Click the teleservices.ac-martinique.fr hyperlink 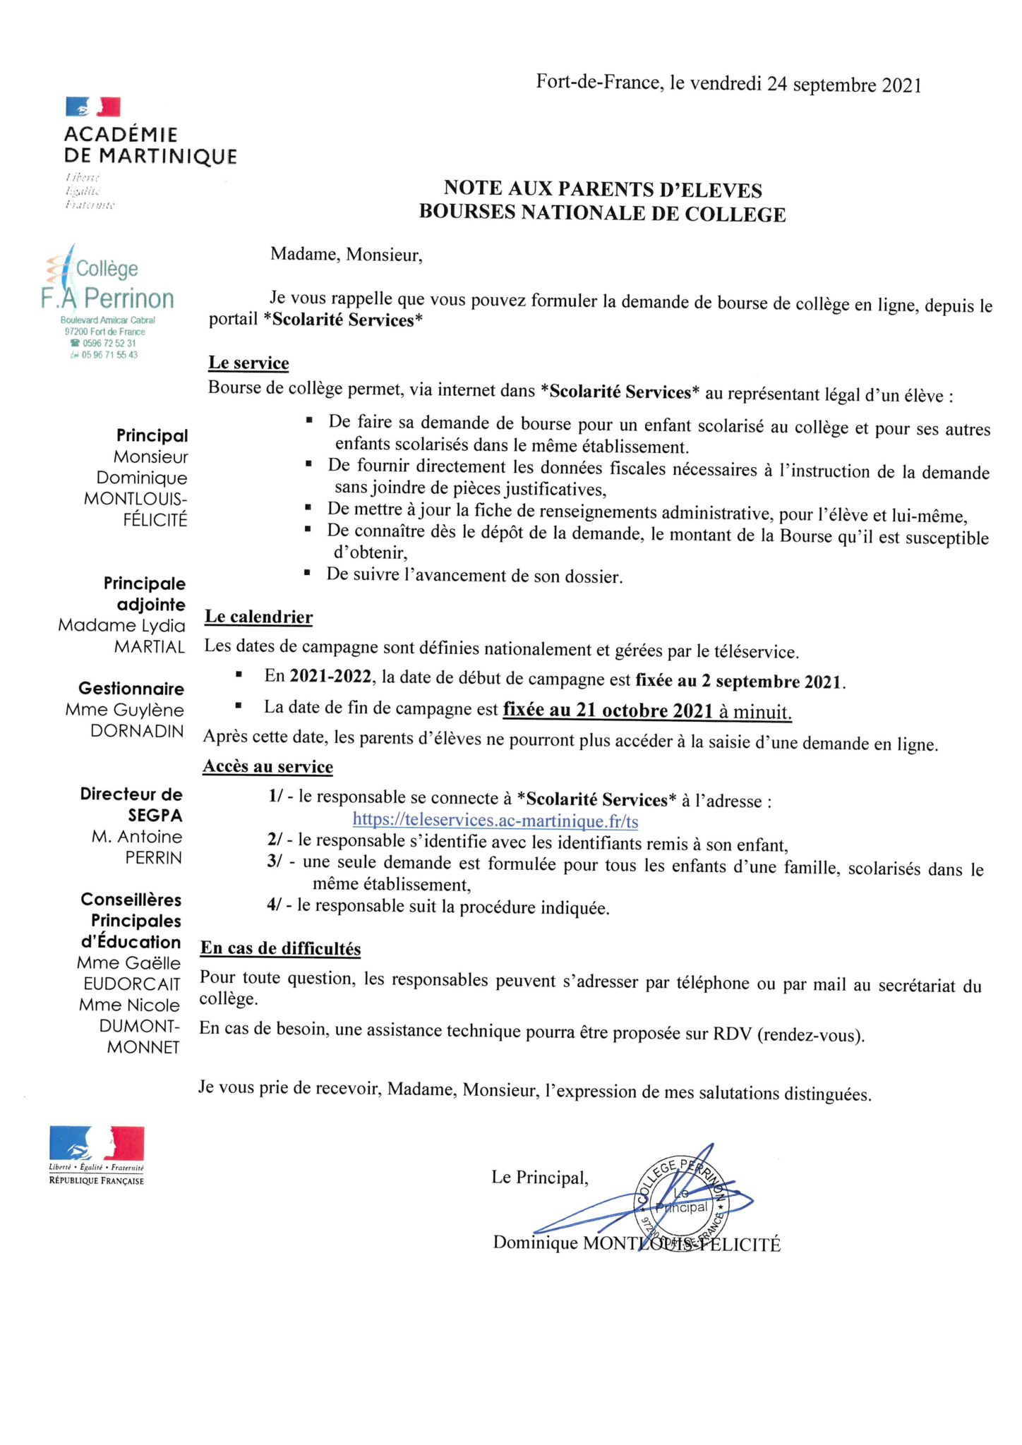tap(495, 821)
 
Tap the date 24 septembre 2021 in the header tap(844, 85)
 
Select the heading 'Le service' tap(248, 363)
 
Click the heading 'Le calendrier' tap(258, 617)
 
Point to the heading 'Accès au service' tap(267, 766)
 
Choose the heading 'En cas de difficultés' tap(280, 948)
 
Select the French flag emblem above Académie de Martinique tap(92, 107)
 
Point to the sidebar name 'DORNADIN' tap(137, 731)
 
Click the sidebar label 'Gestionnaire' tap(131, 689)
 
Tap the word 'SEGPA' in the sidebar tap(155, 816)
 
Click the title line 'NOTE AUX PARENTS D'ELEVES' tap(603, 189)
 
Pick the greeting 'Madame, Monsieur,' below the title tap(346, 255)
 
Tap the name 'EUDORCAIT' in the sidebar tap(132, 984)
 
